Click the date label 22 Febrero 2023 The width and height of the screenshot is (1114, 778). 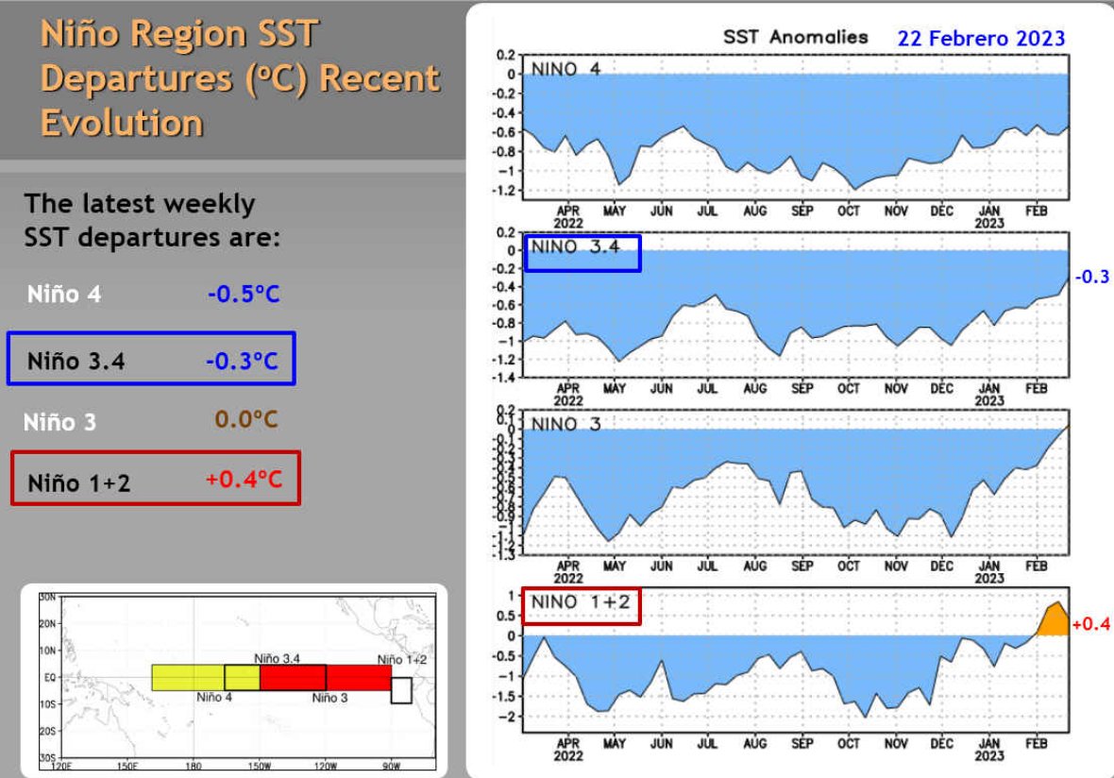click(980, 39)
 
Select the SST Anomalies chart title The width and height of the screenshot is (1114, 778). click(795, 38)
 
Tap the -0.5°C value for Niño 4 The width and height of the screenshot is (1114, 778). click(244, 295)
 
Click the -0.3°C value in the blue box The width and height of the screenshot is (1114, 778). click(243, 361)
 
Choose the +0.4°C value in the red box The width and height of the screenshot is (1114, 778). click(244, 481)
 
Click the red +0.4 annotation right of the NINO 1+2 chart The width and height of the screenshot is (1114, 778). click(1091, 623)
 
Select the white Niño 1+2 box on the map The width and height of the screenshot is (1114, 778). click(401, 690)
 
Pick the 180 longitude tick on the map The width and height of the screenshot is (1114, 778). click(194, 766)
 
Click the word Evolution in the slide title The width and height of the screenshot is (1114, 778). click(122, 123)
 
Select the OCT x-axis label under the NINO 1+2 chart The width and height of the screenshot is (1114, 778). click(848, 744)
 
